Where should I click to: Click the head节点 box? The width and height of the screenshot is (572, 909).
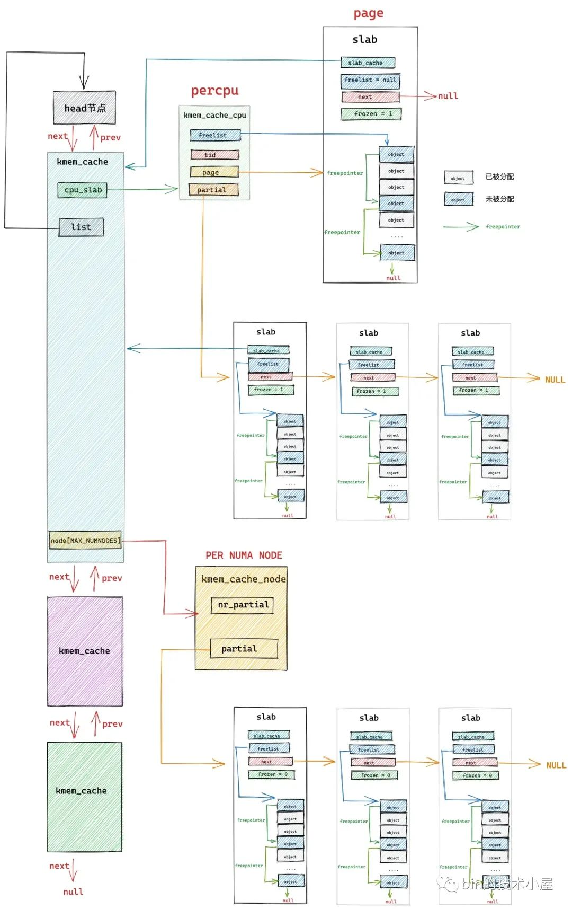click(x=84, y=108)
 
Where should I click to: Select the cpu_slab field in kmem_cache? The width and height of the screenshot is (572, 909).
click(x=82, y=190)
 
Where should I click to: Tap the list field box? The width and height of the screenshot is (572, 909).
click(x=81, y=227)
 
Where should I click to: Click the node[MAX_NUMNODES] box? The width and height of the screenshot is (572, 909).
click(x=85, y=540)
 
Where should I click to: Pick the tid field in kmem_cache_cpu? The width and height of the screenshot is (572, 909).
click(x=215, y=155)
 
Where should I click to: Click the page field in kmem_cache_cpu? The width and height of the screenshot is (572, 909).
click(x=214, y=172)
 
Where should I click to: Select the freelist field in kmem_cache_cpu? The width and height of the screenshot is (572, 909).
click(x=215, y=135)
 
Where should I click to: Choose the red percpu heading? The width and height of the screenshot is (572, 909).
click(x=215, y=91)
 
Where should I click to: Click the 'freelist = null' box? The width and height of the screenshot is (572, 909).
click(x=370, y=80)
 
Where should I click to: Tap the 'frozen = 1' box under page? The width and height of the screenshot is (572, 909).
click(x=371, y=114)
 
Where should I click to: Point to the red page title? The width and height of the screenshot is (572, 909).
click(x=368, y=13)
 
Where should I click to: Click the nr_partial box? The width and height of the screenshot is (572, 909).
click(x=242, y=605)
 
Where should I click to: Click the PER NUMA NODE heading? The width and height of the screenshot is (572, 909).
click(x=244, y=555)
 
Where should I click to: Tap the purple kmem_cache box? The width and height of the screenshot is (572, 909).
click(x=85, y=651)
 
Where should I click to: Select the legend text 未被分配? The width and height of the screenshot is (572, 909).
click(x=499, y=199)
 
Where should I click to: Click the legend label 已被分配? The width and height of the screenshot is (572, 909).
click(x=499, y=176)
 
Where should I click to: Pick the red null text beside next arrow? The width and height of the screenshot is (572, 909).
click(x=448, y=96)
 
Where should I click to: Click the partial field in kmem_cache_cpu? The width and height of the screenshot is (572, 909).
click(x=213, y=190)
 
